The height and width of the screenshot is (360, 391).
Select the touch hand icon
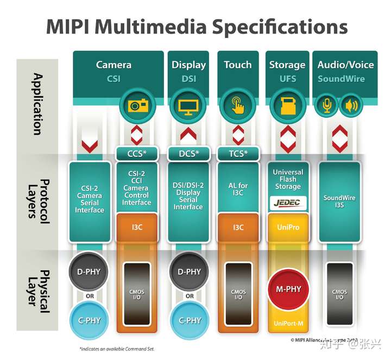[x=237, y=105]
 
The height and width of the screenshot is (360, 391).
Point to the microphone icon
[x=327, y=105]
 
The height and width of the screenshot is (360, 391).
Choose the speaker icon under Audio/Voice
[x=351, y=105]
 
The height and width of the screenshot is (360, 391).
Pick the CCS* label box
[x=136, y=154]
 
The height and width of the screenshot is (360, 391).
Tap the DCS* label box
[x=188, y=154]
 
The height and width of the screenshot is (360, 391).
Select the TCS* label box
[x=238, y=154]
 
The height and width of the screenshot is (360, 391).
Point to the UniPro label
[x=287, y=226]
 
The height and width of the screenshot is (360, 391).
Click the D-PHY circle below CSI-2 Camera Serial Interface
[x=90, y=271]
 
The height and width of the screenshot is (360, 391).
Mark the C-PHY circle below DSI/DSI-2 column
[x=189, y=320]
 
